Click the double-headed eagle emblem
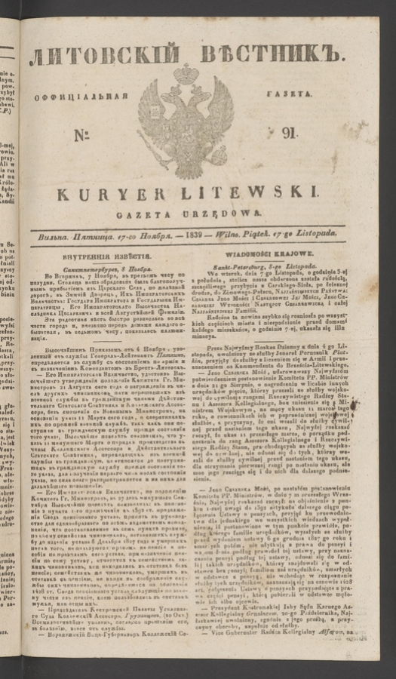point(186,117)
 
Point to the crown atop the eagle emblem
point(186,74)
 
